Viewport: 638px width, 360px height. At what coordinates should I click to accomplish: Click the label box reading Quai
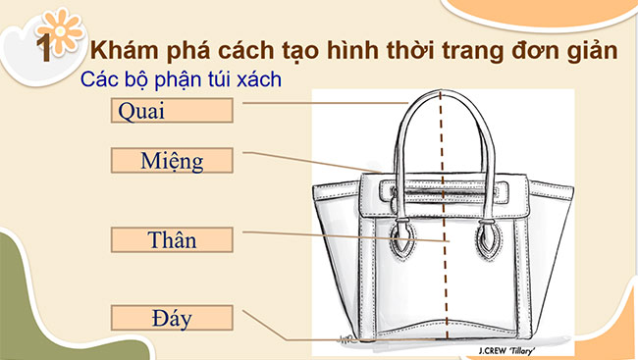(x=172, y=109)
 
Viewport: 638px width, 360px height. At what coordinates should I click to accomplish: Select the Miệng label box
(x=172, y=160)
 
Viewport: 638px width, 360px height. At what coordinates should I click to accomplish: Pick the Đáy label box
(x=172, y=317)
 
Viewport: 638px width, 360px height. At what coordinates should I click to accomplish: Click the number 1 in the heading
(x=42, y=49)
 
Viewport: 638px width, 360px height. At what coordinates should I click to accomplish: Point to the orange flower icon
(x=60, y=35)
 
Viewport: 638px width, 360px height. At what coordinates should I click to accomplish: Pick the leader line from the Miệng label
(x=304, y=162)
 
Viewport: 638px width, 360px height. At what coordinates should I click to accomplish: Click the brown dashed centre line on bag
(x=445, y=196)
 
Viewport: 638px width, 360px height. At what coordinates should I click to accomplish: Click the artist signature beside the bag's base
(x=343, y=339)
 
